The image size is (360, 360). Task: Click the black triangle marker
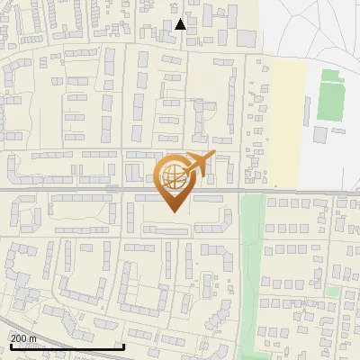(x=181, y=24)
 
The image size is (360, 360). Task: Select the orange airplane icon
(x=197, y=165)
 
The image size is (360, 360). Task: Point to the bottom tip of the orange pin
(x=173, y=211)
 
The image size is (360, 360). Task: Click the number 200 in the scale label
(x=19, y=338)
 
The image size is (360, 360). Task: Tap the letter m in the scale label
(x=33, y=338)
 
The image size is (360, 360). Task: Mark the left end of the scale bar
(x=10, y=347)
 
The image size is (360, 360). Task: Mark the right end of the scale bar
(x=122, y=347)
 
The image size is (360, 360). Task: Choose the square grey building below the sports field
(x=321, y=135)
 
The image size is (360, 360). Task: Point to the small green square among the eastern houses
(x=333, y=292)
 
